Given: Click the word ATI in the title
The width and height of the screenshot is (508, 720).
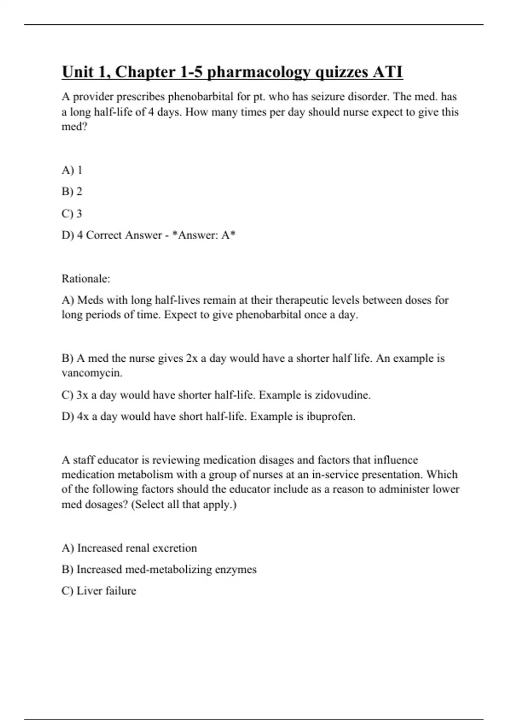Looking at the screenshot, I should pos(387,72).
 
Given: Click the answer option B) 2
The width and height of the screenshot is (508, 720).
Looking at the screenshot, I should pos(72,191).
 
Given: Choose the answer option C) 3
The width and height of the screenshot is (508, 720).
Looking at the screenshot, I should pos(72,213).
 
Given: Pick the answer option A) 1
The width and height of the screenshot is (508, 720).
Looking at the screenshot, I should pos(72,170).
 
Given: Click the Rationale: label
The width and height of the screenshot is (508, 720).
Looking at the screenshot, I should pos(86,279).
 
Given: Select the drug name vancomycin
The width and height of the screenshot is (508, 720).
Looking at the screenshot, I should pos(91,373).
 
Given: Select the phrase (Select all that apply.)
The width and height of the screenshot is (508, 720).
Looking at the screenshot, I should pos(184,504).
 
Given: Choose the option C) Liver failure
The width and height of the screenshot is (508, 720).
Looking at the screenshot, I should pos(99,591).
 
